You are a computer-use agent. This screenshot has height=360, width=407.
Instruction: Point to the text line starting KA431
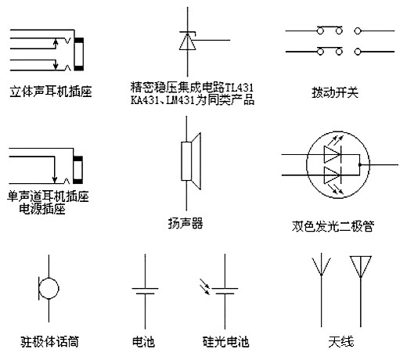[x=193, y=100]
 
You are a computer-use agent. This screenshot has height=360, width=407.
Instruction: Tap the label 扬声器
[x=185, y=223]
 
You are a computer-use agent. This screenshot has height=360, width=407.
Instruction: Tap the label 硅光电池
[x=225, y=342]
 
